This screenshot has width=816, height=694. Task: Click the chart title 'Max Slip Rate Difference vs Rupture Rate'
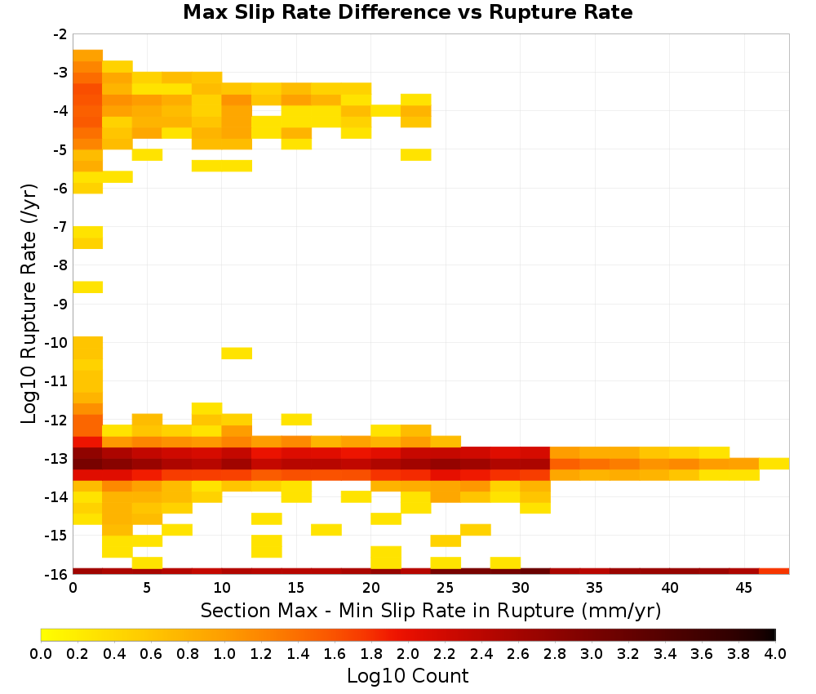point(407,12)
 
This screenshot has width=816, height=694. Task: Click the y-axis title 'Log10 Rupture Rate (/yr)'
point(28,304)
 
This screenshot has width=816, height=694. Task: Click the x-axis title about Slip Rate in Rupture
point(430,610)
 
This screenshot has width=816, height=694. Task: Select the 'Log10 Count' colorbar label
point(407,676)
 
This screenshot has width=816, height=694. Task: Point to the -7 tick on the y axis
point(60,226)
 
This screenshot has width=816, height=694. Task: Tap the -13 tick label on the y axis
point(57,459)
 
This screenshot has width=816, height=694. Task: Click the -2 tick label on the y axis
point(60,34)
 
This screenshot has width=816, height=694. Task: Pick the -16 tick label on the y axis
point(57,574)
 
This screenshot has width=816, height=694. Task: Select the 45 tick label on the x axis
point(743,588)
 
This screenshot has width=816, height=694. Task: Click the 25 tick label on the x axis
point(446,588)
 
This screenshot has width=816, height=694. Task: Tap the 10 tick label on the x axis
point(222,588)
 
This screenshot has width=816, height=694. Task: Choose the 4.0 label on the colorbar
point(775,653)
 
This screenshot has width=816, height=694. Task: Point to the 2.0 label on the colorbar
point(408,653)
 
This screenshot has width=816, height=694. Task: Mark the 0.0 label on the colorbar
point(41,653)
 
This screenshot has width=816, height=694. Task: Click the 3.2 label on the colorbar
point(628,653)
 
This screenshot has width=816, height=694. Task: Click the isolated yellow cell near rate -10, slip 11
point(237,353)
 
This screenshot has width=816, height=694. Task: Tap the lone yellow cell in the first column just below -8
point(87,287)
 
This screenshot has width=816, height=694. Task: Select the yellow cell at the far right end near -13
point(774,464)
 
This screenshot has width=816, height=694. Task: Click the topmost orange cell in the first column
point(87,56)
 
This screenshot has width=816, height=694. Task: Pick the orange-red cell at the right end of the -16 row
point(774,572)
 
